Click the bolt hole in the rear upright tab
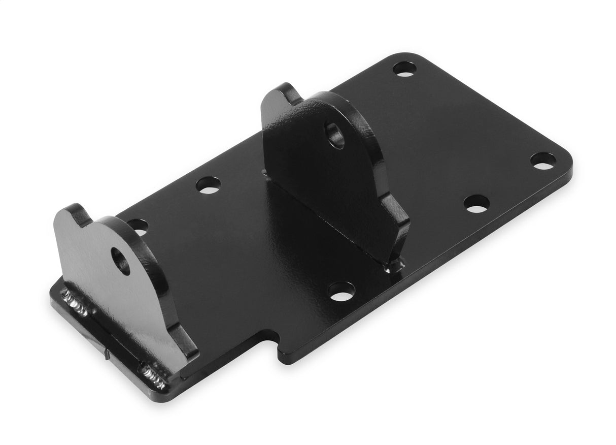tap(335, 134)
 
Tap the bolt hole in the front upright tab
tap(120, 261)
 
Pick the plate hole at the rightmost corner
tap(543, 161)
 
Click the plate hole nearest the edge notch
tap(341, 291)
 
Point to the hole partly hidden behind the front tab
tap(138, 226)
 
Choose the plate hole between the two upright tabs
tap(208, 185)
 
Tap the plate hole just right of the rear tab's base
tap(476, 204)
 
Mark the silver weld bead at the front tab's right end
tap(154, 375)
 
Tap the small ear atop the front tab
tap(78, 214)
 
